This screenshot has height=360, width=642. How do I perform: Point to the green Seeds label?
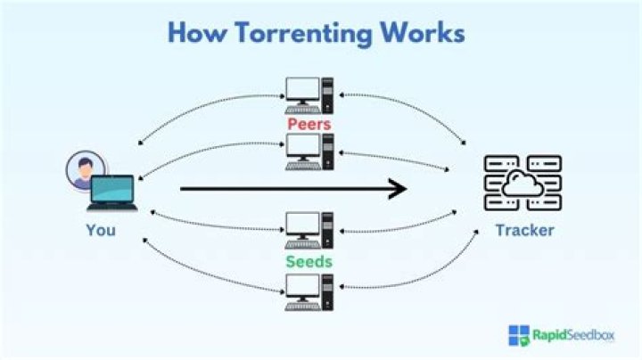tap(309, 262)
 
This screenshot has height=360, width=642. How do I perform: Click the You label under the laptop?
tap(100, 230)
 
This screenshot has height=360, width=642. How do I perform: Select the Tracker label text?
tap(524, 230)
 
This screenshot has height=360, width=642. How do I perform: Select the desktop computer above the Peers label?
tap(309, 94)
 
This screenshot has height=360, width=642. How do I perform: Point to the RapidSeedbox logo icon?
tap(519, 336)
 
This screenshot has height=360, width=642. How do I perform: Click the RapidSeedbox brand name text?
tap(572, 336)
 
